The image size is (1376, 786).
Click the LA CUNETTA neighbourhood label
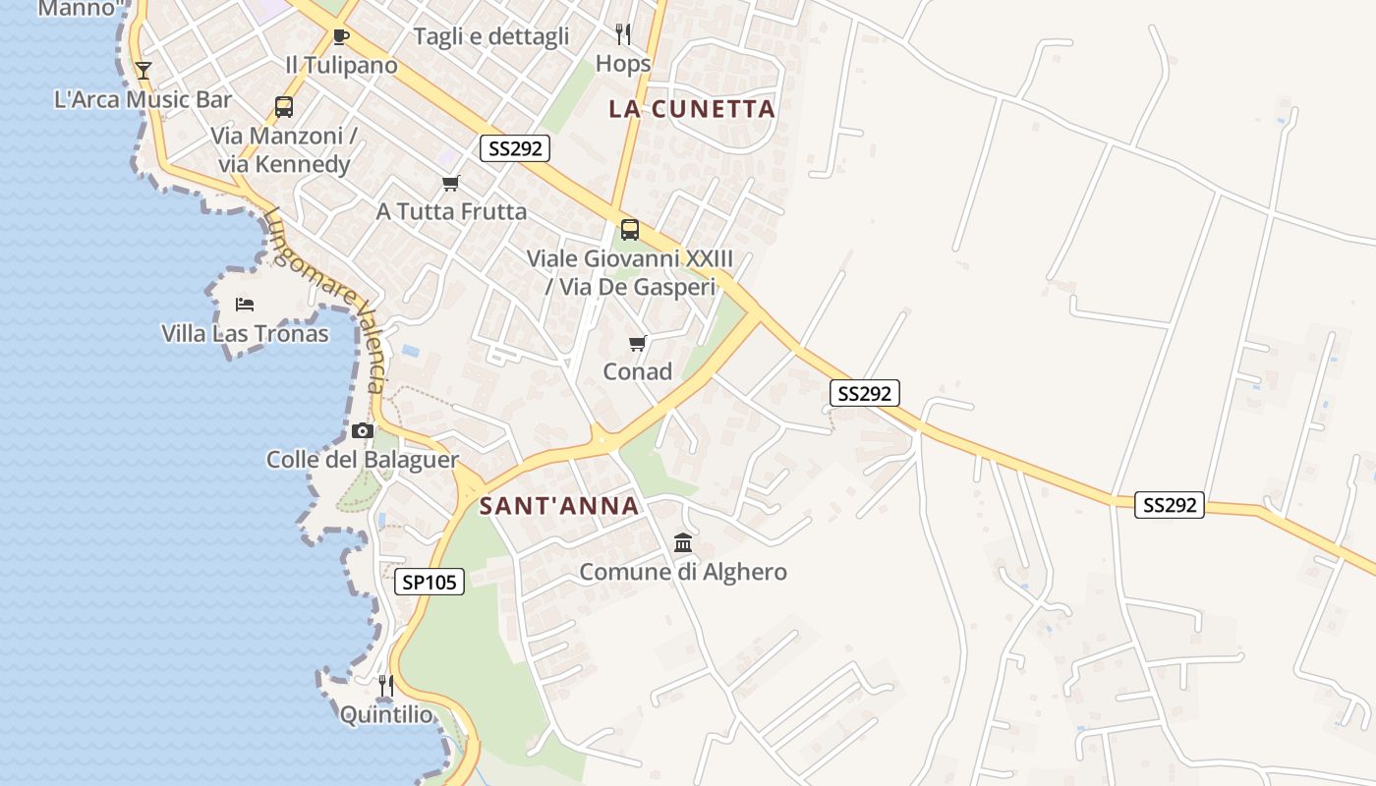[x=692, y=109]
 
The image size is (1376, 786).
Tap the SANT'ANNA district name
[x=559, y=507]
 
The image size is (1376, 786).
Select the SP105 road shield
[x=430, y=582]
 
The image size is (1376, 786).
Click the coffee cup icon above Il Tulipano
[x=341, y=37]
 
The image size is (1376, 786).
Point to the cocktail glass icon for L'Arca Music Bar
[x=143, y=70]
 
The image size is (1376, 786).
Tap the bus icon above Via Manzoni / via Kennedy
[x=284, y=107]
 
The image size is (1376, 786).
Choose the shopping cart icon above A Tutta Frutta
[x=451, y=183]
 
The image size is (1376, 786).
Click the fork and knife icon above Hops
[x=623, y=34]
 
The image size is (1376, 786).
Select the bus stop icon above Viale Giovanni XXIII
[x=630, y=230]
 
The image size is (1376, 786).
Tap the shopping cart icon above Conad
[x=638, y=343]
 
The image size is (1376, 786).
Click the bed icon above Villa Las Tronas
[x=245, y=305]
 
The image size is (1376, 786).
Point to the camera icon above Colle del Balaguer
[x=363, y=430]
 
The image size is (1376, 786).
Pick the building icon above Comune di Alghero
[x=683, y=542]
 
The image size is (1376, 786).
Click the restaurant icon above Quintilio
[x=386, y=685]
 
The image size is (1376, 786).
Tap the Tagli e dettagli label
[x=491, y=37]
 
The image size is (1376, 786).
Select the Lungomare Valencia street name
[x=325, y=299]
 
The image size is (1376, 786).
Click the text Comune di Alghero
[x=683, y=572]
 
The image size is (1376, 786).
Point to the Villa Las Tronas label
[x=245, y=334]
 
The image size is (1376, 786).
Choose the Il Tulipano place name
[x=341, y=66]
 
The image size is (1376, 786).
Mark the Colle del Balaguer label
[x=363, y=460]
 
